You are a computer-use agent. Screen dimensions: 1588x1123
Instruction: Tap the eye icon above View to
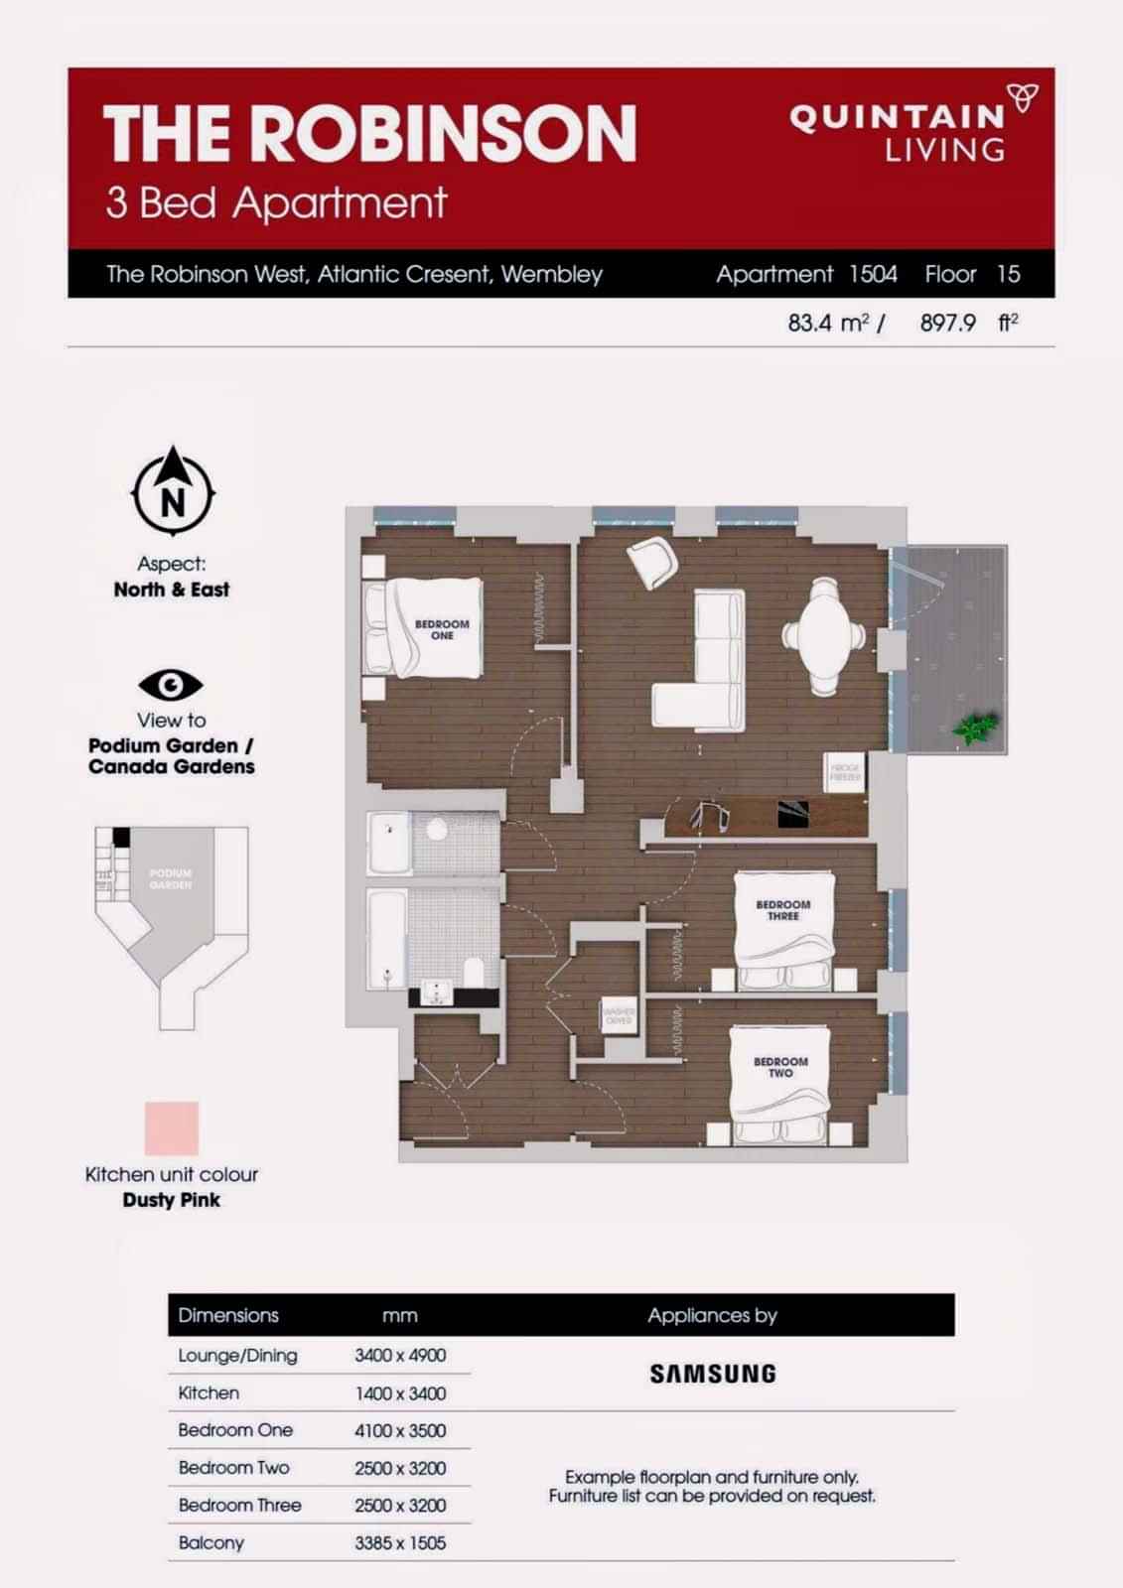click(171, 685)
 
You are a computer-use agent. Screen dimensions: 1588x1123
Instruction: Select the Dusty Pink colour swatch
click(172, 1128)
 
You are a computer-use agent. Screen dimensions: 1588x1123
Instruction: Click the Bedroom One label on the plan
click(442, 630)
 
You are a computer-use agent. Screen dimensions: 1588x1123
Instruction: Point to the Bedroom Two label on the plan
click(780, 1067)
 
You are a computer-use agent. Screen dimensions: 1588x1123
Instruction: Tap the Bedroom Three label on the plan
click(782, 910)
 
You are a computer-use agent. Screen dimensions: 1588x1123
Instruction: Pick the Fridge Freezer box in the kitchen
click(845, 772)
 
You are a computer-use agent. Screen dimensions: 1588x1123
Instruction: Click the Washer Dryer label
click(619, 1016)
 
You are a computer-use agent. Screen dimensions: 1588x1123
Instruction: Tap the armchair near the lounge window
click(654, 563)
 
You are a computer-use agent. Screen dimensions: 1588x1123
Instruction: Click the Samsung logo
click(712, 1375)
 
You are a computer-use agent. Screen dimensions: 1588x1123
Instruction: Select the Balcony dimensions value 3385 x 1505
click(400, 1543)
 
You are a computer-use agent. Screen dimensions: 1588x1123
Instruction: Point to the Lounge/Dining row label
click(237, 1356)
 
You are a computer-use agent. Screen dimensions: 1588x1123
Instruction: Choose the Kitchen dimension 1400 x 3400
click(400, 1393)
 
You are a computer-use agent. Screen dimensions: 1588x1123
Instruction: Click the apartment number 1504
click(873, 275)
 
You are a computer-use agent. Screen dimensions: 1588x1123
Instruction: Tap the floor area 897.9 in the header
click(947, 323)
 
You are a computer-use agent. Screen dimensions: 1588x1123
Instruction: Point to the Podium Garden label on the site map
click(171, 878)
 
